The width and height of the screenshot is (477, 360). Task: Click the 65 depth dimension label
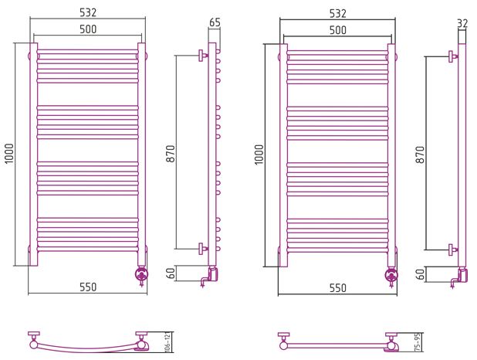pyautogui.click(x=215, y=22)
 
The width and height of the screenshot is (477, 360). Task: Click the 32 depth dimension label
pyautogui.click(x=462, y=23)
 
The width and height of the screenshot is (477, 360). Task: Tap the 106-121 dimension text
pyautogui.click(x=167, y=342)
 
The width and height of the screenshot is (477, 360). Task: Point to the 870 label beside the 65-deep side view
pyautogui.click(x=171, y=154)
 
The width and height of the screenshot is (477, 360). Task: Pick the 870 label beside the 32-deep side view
pyautogui.click(x=420, y=155)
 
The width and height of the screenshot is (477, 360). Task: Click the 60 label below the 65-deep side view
pyautogui.click(x=171, y=273)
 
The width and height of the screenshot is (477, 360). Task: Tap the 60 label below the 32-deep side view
pyautogui.click(x=421, y=274)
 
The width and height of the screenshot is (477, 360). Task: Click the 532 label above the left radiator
pyautogui.click(x=88, y=12)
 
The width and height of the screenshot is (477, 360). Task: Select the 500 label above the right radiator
pyautogui.click(x=337, y=30)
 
